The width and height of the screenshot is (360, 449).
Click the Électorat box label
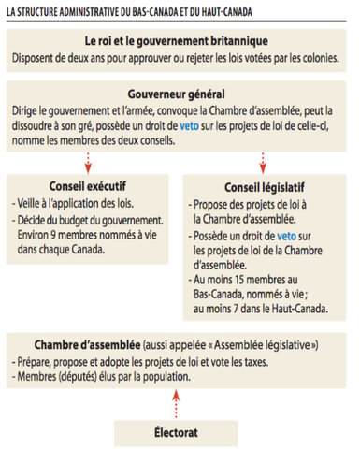(x=179, y=433)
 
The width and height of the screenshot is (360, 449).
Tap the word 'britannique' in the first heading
(x=237, y=41)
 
